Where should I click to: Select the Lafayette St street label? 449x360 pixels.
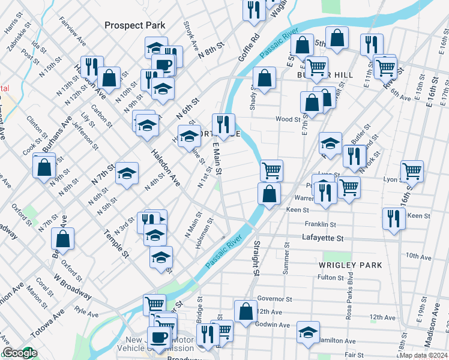coord(323,238)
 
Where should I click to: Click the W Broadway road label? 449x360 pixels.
coord(72,287)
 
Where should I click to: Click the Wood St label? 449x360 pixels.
coord(288,119)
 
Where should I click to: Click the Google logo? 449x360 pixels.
coord(19,353)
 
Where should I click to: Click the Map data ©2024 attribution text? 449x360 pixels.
coord(424,355)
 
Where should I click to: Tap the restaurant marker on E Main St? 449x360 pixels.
coord(223,124)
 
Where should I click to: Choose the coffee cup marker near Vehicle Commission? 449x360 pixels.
coord(159,337)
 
